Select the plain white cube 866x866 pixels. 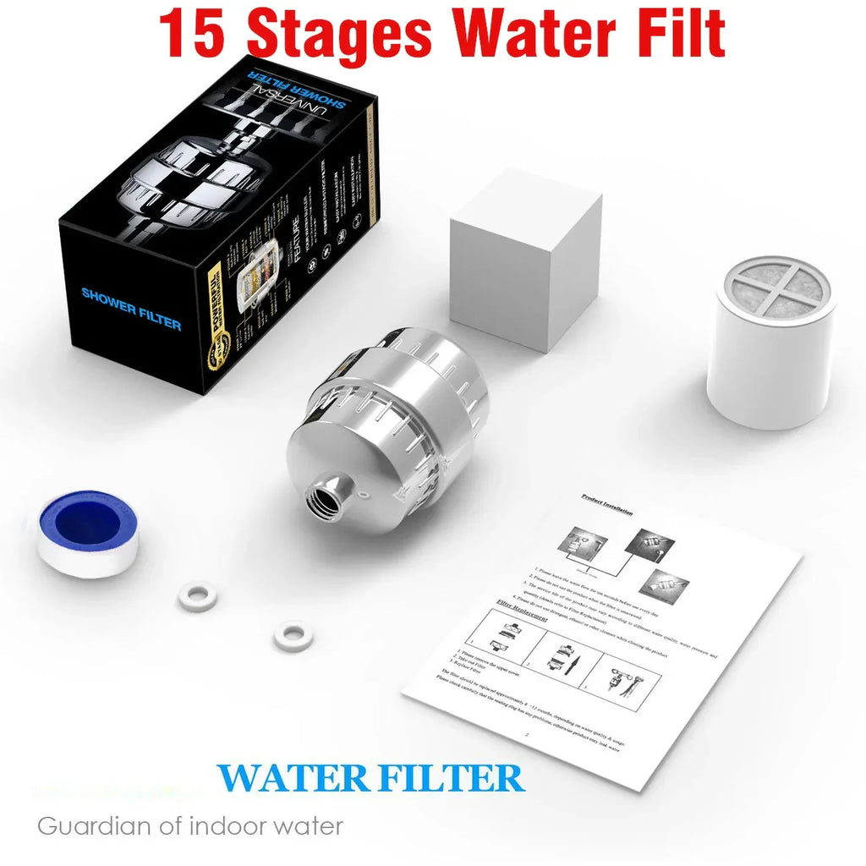coord(524,258)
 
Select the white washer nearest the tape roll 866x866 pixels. coord(200,595)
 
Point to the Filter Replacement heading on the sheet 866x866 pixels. coord(523,611)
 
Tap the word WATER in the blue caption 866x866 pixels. coord(293,777)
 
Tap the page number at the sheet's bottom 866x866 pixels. coord(526,735)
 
